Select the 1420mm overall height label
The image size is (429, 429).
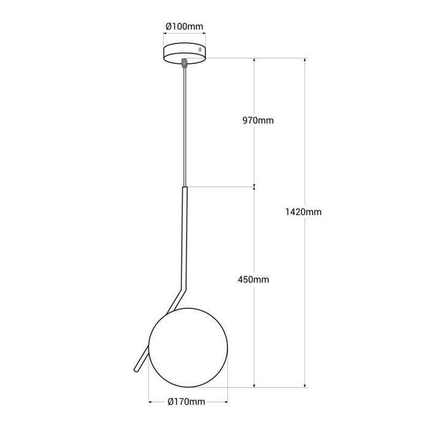tap(303, 212)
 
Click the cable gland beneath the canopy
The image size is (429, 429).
tap(184, 62)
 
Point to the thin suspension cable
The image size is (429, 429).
tap(184, 123)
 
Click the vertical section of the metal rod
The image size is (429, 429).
tap(184, 233)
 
